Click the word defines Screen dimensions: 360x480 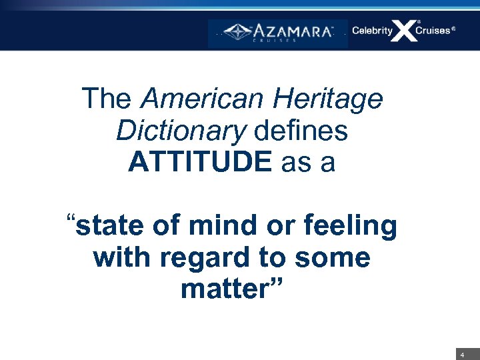(301, 131)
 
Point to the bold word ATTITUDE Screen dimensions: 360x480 (199, 162)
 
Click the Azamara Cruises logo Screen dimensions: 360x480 (278, 33)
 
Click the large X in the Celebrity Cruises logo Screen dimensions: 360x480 (404, 31)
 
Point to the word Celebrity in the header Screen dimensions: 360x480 (372, 31)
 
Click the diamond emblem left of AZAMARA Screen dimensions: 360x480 (236, 31)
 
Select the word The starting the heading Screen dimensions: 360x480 (107, 99)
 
